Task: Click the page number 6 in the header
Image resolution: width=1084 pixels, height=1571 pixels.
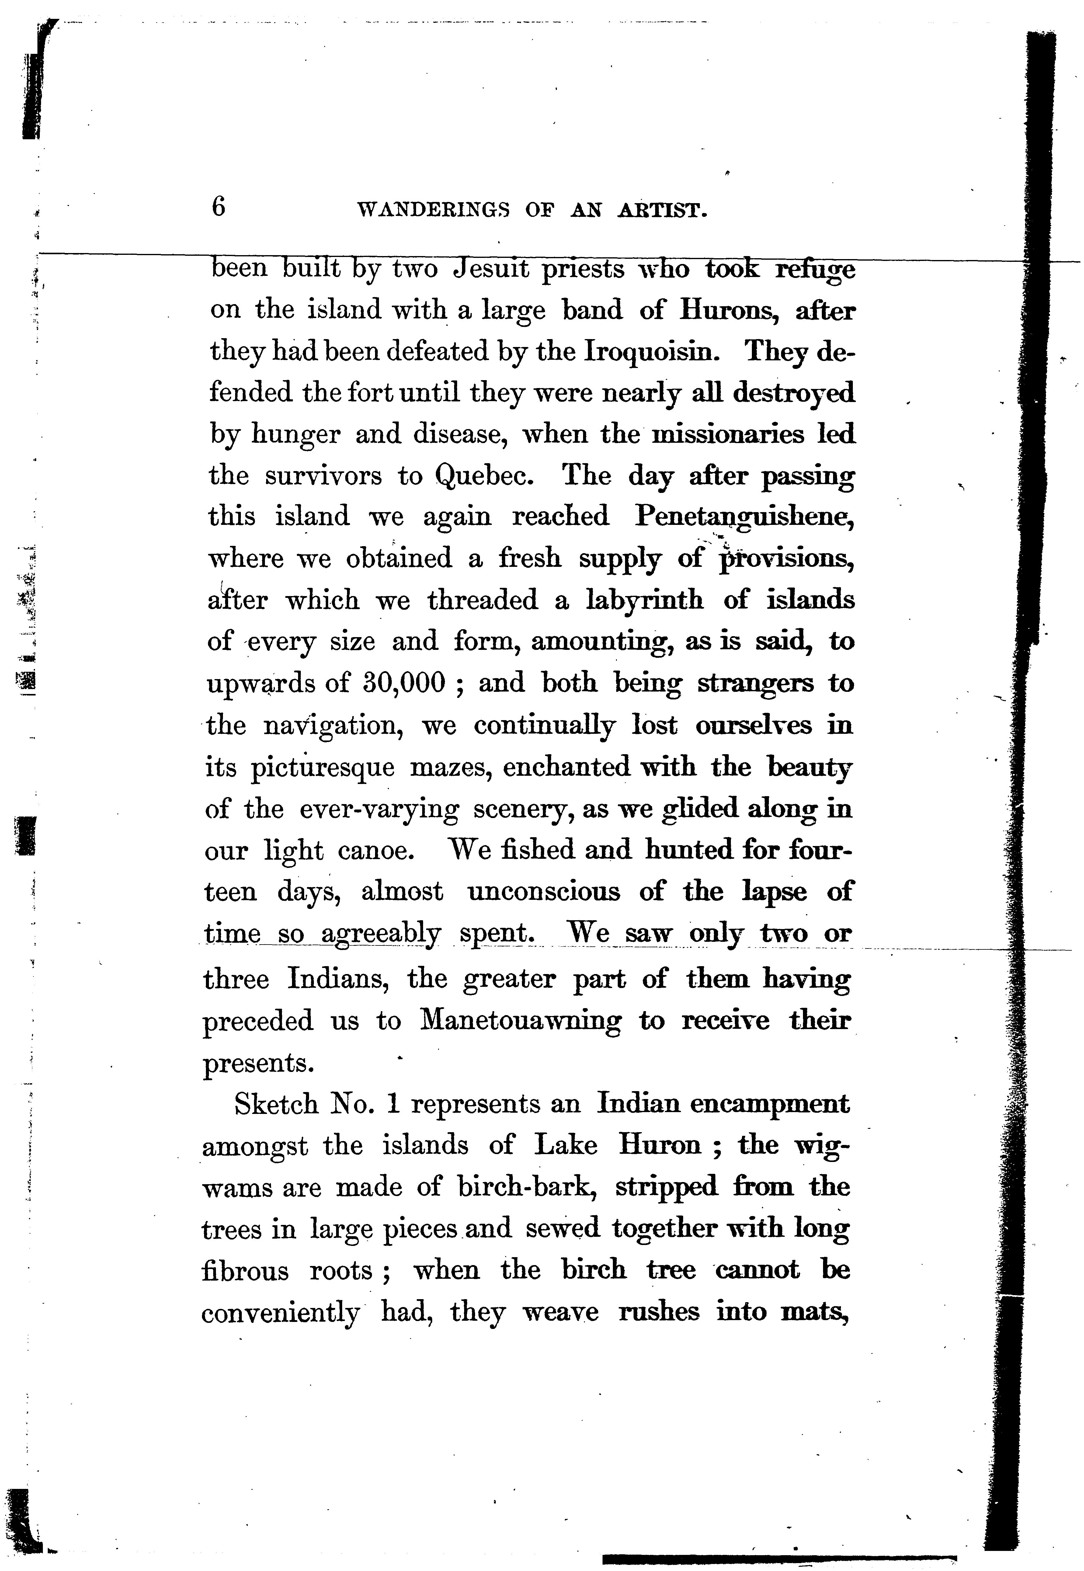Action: pos(218,206)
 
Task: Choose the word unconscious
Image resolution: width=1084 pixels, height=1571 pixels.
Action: pos(543,892)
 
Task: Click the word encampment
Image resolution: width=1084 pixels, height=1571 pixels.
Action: pos(770,1105)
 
